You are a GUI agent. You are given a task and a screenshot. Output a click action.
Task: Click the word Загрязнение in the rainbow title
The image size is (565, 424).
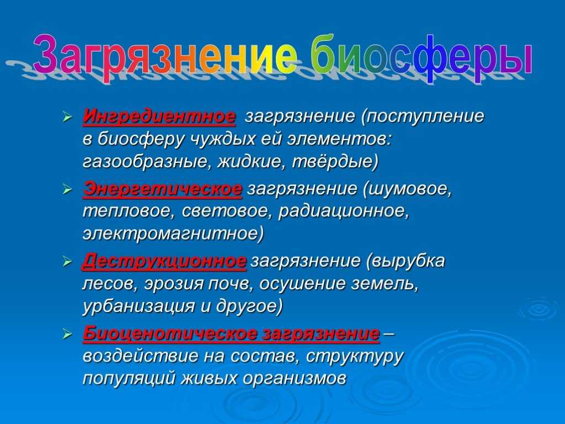pos(166,55)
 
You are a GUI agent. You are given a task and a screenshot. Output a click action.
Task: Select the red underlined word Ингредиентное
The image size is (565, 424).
pos(159,116)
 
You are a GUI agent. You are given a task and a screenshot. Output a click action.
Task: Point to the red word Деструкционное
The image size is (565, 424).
pos(164,261)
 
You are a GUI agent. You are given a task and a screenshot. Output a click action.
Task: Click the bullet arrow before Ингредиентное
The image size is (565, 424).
pos(67,117)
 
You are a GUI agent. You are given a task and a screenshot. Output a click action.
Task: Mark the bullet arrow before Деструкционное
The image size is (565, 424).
pos(67,262)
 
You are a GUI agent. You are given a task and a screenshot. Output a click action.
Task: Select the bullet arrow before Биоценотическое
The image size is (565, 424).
pos(67,335)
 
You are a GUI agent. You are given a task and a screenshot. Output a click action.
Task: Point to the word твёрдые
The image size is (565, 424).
pos(335,162)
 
